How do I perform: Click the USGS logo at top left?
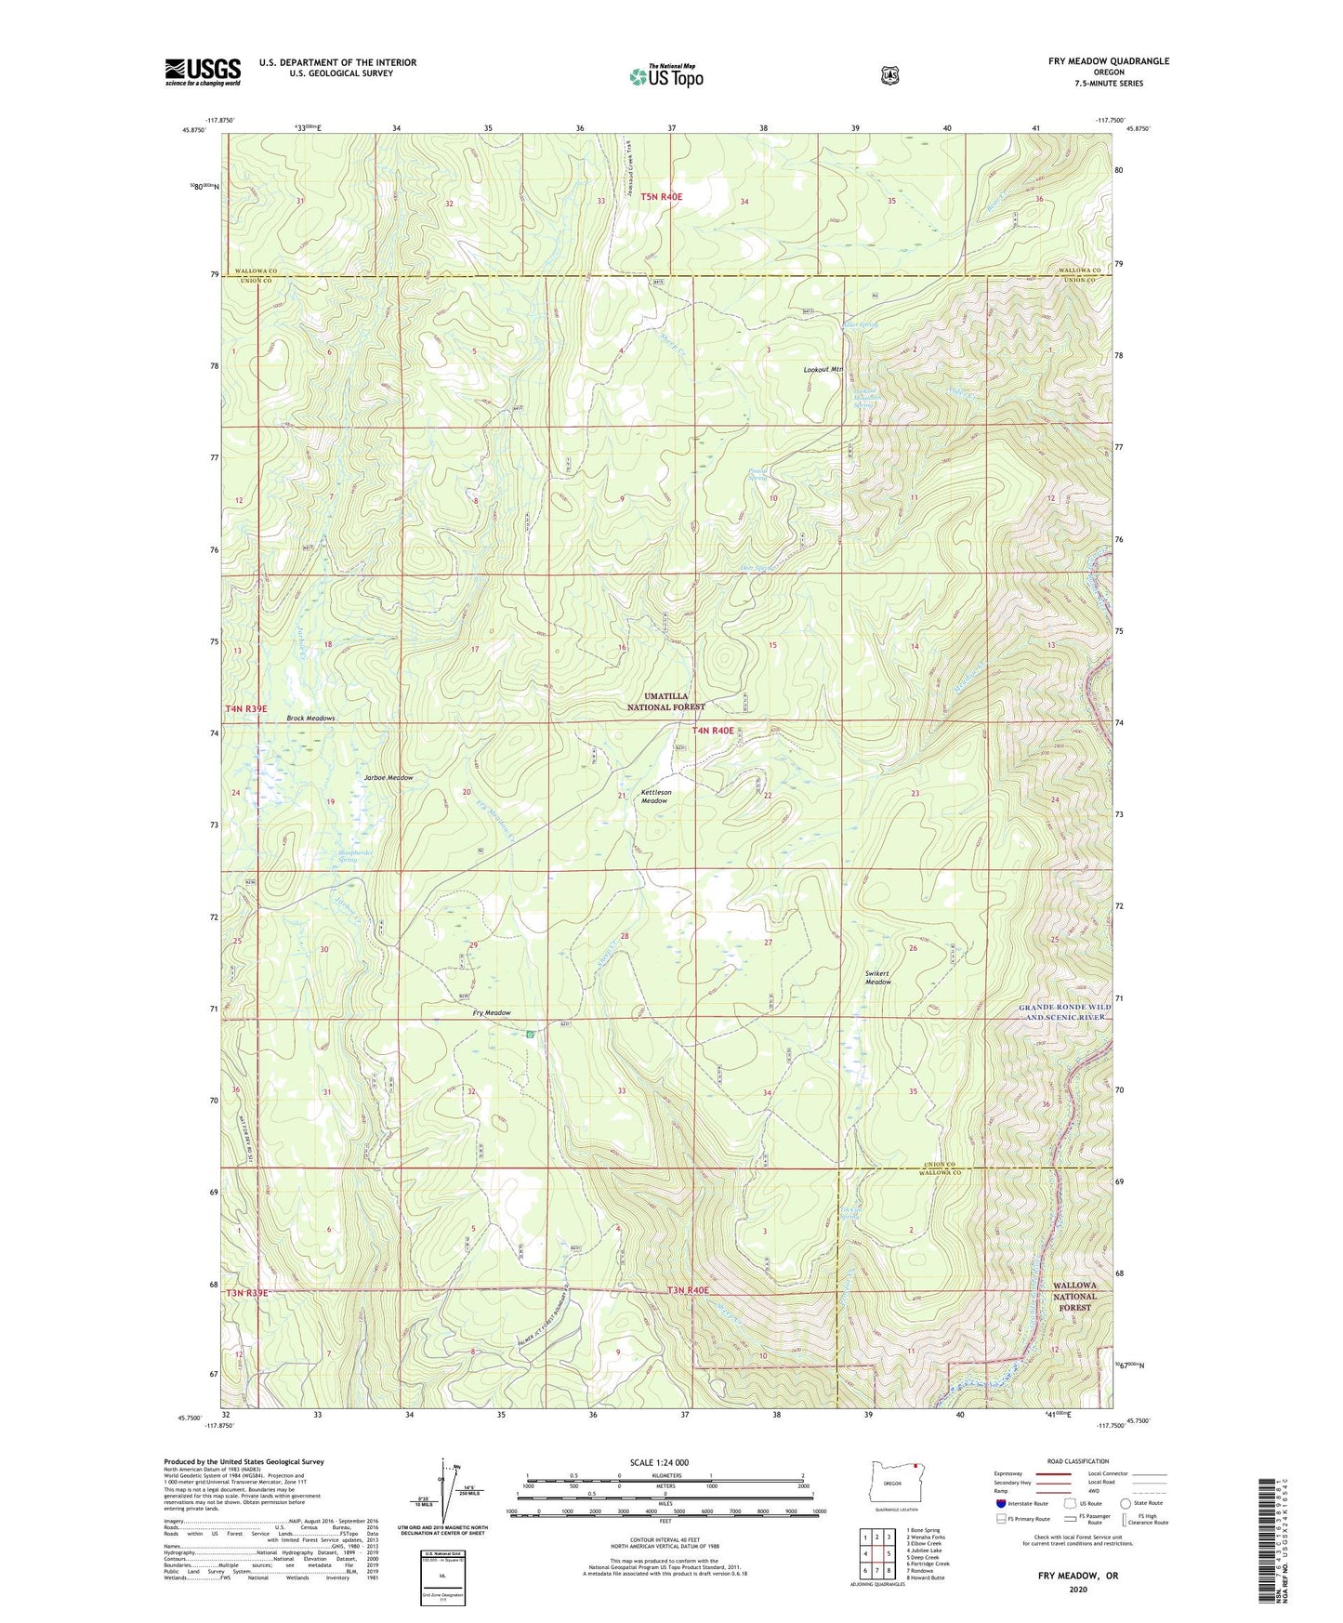[x=203, y=72]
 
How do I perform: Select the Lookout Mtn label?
[x=823, y=369]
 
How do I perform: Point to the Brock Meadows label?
[x=310, y=719]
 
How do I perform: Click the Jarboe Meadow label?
[x=388, y=777]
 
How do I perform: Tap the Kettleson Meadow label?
[x=655, y=797]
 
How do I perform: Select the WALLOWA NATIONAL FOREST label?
[x=1074, y=1296]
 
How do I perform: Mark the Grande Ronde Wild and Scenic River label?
[x=1063, y=1012]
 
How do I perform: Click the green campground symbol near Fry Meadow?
[x=529, y=1034]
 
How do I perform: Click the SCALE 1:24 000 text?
[x=659, y=1462]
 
